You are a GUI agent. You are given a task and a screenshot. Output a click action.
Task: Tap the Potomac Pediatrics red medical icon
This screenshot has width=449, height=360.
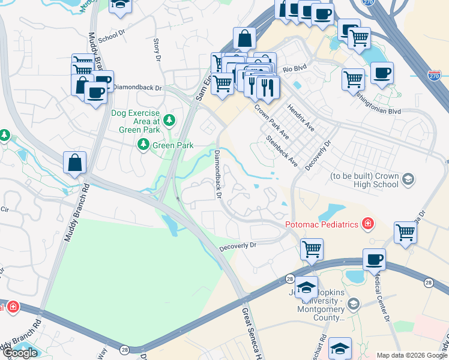pos(367,224)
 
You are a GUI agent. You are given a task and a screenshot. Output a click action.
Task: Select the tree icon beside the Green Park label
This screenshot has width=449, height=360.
pos(143,145)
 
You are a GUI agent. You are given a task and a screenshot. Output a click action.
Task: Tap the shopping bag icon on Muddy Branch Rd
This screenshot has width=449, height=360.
pos(74,163)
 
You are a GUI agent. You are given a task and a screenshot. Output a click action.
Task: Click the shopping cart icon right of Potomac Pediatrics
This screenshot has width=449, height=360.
pos(406,232)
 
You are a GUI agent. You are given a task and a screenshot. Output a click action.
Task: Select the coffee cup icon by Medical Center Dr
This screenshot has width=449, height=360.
pos(375,259)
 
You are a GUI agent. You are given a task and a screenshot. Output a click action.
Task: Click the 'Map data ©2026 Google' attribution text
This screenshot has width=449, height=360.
pos(412,355)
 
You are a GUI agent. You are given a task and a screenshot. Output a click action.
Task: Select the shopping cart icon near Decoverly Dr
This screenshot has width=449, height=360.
pos(312,248)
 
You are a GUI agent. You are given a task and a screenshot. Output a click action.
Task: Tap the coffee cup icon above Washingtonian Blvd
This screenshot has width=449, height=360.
pos(382,73)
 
